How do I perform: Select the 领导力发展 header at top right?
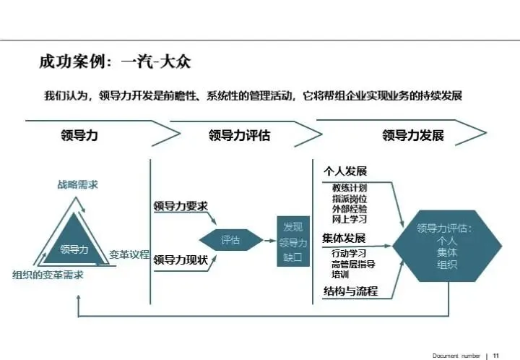click(412, 135)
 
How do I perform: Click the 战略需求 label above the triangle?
click(78, 184)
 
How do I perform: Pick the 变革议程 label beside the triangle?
click(129, 254)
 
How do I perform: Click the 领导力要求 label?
click(181, 205)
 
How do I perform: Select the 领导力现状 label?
click(181, 258)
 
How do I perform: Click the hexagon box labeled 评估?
click(230, 240)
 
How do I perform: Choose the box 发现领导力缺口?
click(292, 241)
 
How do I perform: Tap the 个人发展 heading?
click(344, 171)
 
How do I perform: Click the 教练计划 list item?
click(349, 188)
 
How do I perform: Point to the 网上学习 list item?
click(349, 218)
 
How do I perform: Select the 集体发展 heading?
click(344, 238)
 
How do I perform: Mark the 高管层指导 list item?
click(353, 265)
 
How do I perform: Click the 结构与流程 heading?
click(350, 291)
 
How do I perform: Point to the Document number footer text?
click(456, 355)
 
